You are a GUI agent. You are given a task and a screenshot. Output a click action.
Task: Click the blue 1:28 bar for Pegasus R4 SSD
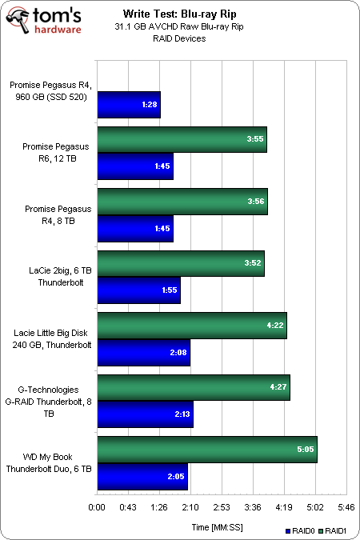point(129,105)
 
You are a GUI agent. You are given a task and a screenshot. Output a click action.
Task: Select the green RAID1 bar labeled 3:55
point(182,139)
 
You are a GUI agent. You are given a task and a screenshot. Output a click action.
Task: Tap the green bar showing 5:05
point(207,450)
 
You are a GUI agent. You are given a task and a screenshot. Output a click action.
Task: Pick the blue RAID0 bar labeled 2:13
point(145,414)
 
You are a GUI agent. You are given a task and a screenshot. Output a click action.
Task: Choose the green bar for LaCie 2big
point(181,263)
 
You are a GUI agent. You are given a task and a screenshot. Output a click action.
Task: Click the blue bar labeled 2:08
point(144,353)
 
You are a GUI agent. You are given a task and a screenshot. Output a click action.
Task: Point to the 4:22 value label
point(275,325)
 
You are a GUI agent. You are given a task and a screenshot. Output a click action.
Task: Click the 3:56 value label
point(256,201)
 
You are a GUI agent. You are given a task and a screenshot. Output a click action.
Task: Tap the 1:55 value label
point(170,290)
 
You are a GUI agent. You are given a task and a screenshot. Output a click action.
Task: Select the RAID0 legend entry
point(300,531)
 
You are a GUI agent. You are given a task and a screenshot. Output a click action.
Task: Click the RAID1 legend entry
point(332,531)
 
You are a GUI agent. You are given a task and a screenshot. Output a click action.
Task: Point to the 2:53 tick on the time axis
point(222,507)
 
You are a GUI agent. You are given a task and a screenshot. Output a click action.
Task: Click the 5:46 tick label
point(346,507)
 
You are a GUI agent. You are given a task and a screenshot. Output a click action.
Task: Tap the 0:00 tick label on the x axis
point(97,507)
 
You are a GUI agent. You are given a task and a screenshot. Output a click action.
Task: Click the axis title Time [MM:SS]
point(217,527)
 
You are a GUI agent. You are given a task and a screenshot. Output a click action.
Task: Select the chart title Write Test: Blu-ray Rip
point(180,14)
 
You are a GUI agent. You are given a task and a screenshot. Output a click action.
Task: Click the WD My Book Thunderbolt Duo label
point(49,463)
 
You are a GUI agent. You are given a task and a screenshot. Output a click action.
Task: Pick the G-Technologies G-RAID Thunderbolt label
point(49,402)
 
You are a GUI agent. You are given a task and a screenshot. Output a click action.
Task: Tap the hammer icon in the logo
point(19,20)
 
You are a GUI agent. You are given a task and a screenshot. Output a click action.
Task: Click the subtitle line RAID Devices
point(179,38)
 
